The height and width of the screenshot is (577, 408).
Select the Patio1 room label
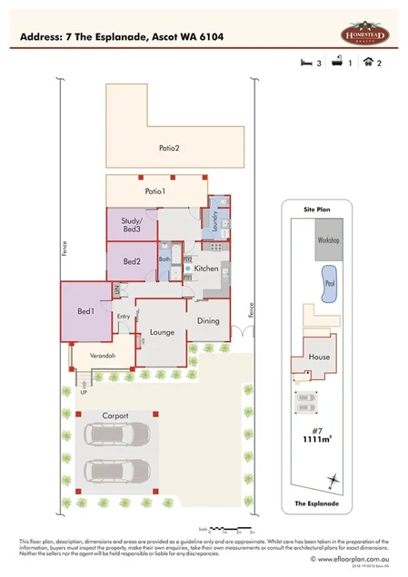155,191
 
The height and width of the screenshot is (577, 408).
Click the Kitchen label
206,269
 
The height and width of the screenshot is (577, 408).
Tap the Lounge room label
163,333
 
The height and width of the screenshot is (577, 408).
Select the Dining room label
209,320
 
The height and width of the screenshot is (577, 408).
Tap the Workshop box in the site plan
328,240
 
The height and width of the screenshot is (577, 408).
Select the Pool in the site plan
328,282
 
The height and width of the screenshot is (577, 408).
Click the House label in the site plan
319,357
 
